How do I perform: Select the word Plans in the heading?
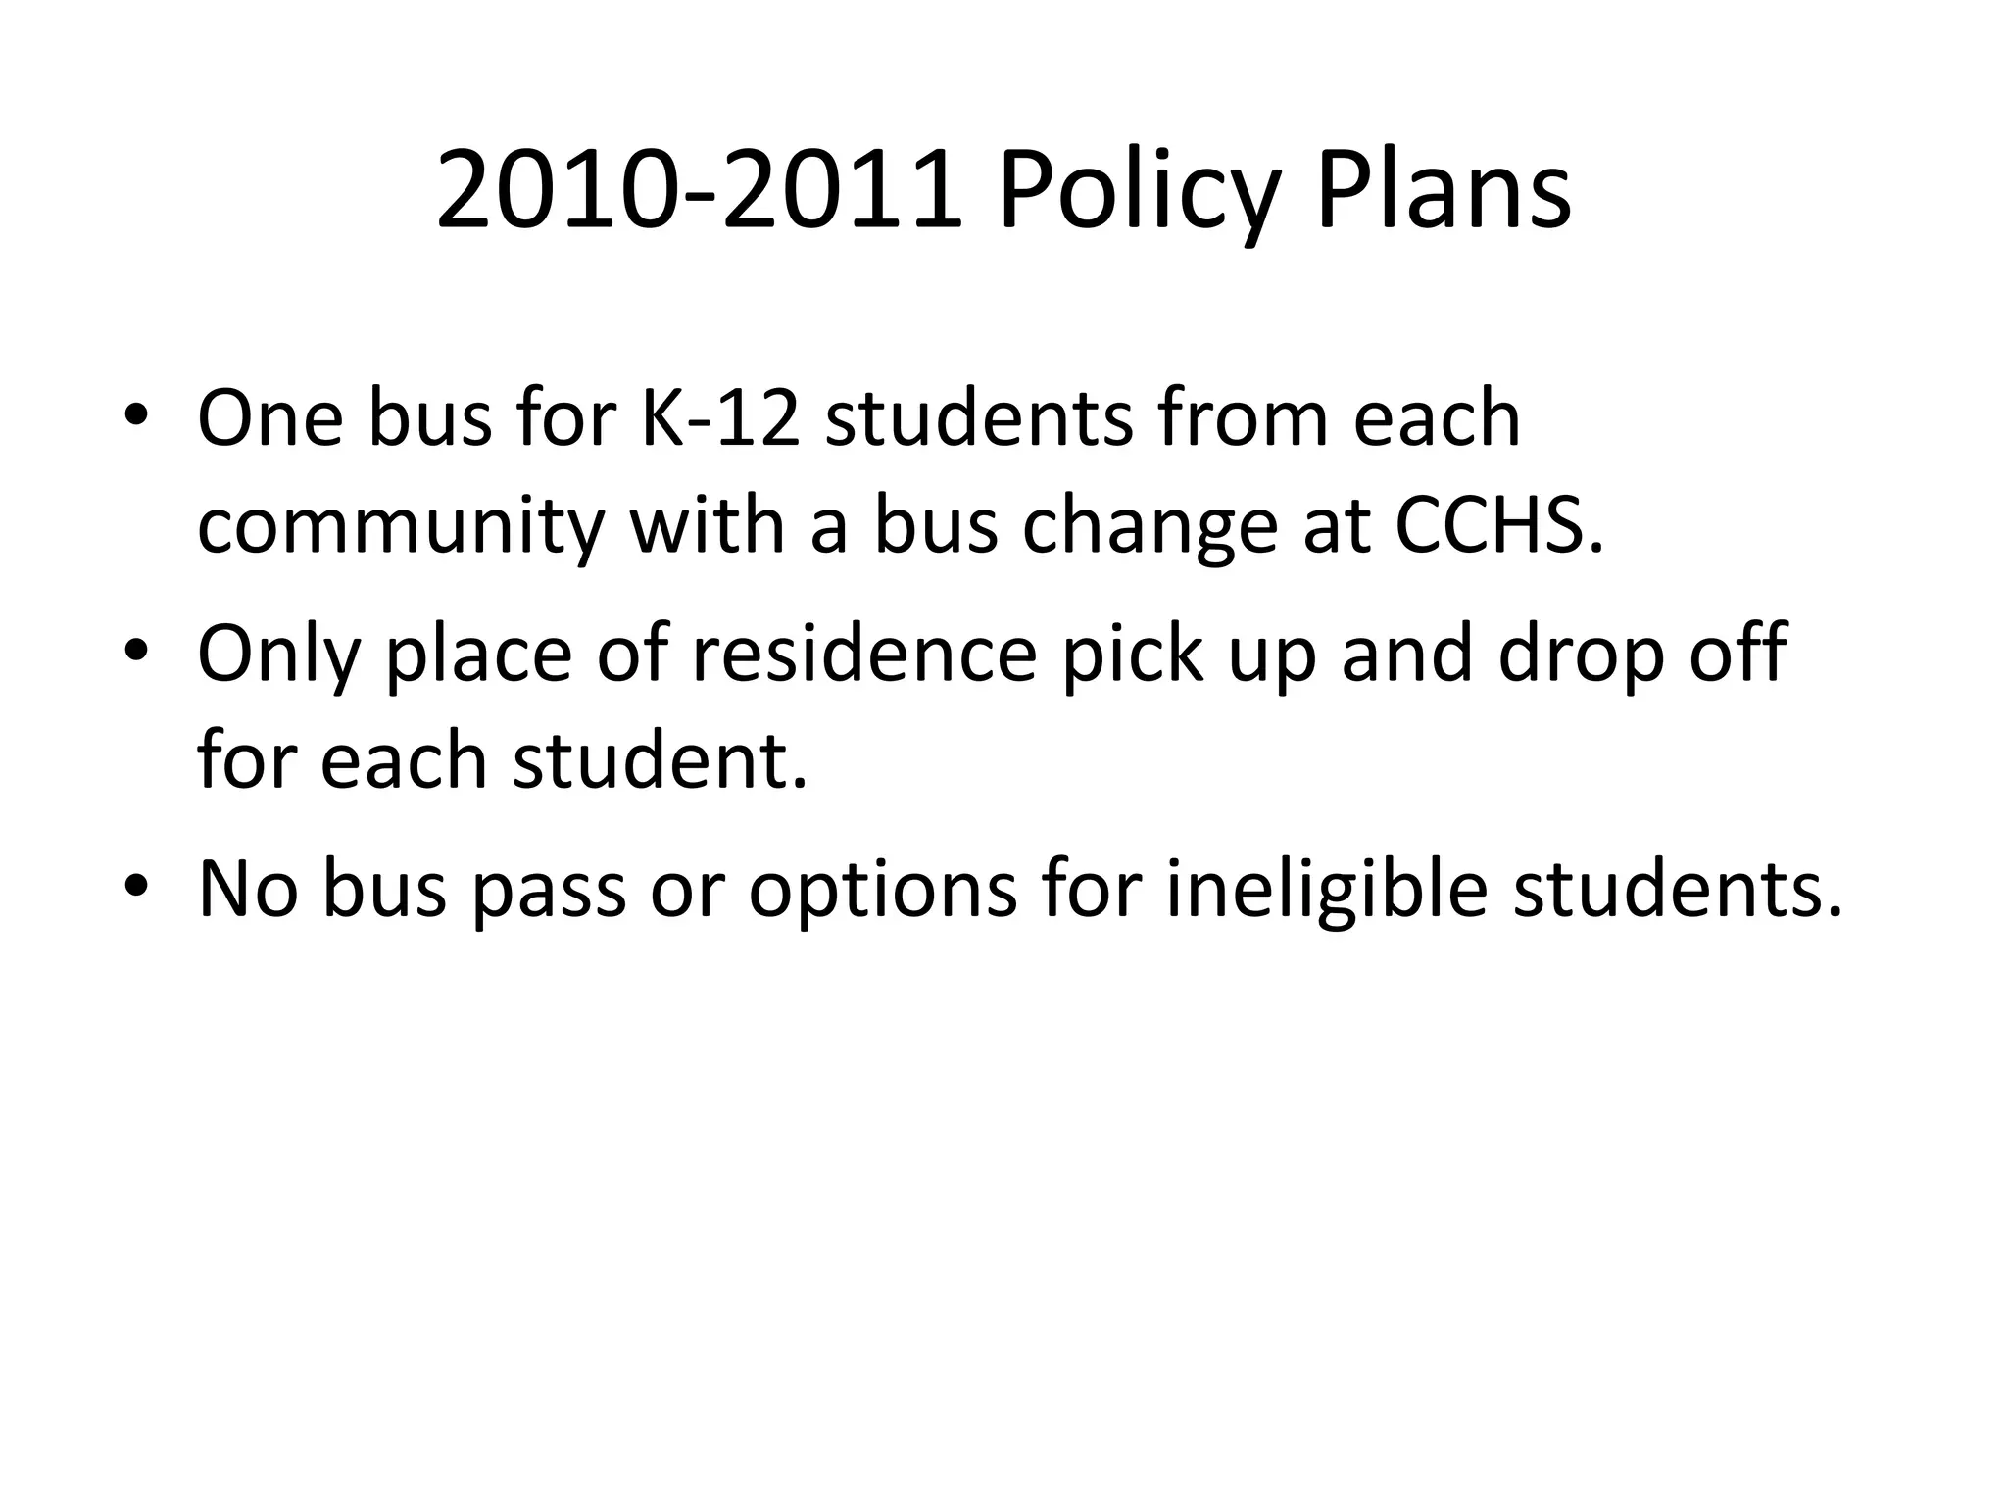[1443, 192]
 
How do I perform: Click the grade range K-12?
[719, 418]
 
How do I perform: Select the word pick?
[1132, 654]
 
